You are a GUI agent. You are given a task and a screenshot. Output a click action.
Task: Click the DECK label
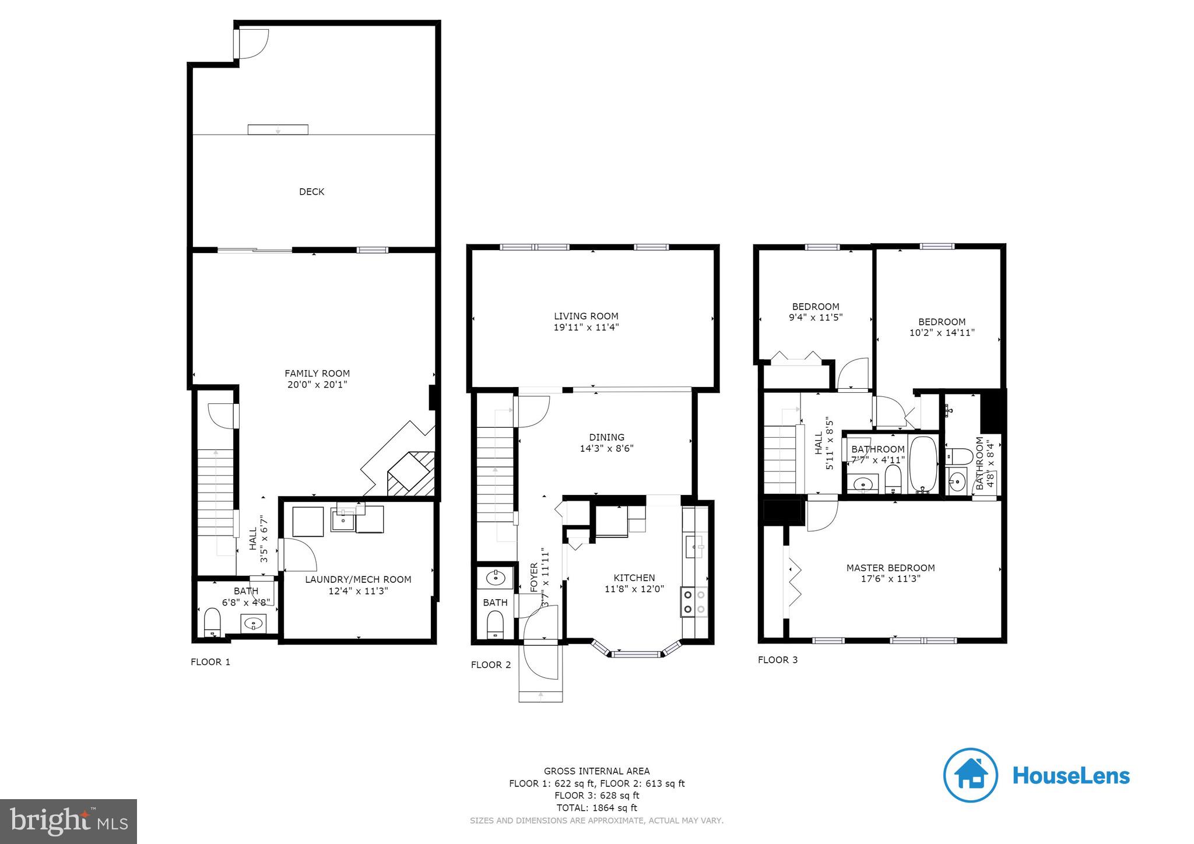point(311,192)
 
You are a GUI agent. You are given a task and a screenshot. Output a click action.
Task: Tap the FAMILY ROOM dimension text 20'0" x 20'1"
point(317,385)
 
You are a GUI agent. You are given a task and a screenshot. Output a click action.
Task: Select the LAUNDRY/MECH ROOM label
point(358,579)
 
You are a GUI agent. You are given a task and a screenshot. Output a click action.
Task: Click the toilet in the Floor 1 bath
point(212,622)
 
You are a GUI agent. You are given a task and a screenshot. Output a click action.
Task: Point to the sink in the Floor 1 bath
point(254,624)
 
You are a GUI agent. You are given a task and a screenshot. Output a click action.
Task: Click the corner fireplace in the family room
point(410,473)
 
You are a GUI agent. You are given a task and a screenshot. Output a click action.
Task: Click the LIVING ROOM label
point(586,316)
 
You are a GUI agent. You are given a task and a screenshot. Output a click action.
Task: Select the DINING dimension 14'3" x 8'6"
point(606,449)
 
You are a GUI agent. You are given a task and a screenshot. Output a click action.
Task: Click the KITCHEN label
point(634,578)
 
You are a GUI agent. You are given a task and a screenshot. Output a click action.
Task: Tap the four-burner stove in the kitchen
point(694,602)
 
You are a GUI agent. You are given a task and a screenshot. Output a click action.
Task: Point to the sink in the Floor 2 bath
point(496,578)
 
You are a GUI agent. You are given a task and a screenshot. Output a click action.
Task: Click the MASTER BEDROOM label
point(890,568)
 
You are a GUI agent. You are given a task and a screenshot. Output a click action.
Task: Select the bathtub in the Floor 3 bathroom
point(923,465)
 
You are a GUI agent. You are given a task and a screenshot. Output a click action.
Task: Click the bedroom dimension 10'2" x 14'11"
point(942,333)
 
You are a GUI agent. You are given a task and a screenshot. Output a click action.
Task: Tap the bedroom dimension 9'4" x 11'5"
point(816,318)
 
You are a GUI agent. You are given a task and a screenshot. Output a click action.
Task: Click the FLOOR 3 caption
point(778,660)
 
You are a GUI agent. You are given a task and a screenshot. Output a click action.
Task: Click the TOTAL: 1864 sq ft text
point(596,808)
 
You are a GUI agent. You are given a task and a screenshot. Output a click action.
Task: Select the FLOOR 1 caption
point(210,662)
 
